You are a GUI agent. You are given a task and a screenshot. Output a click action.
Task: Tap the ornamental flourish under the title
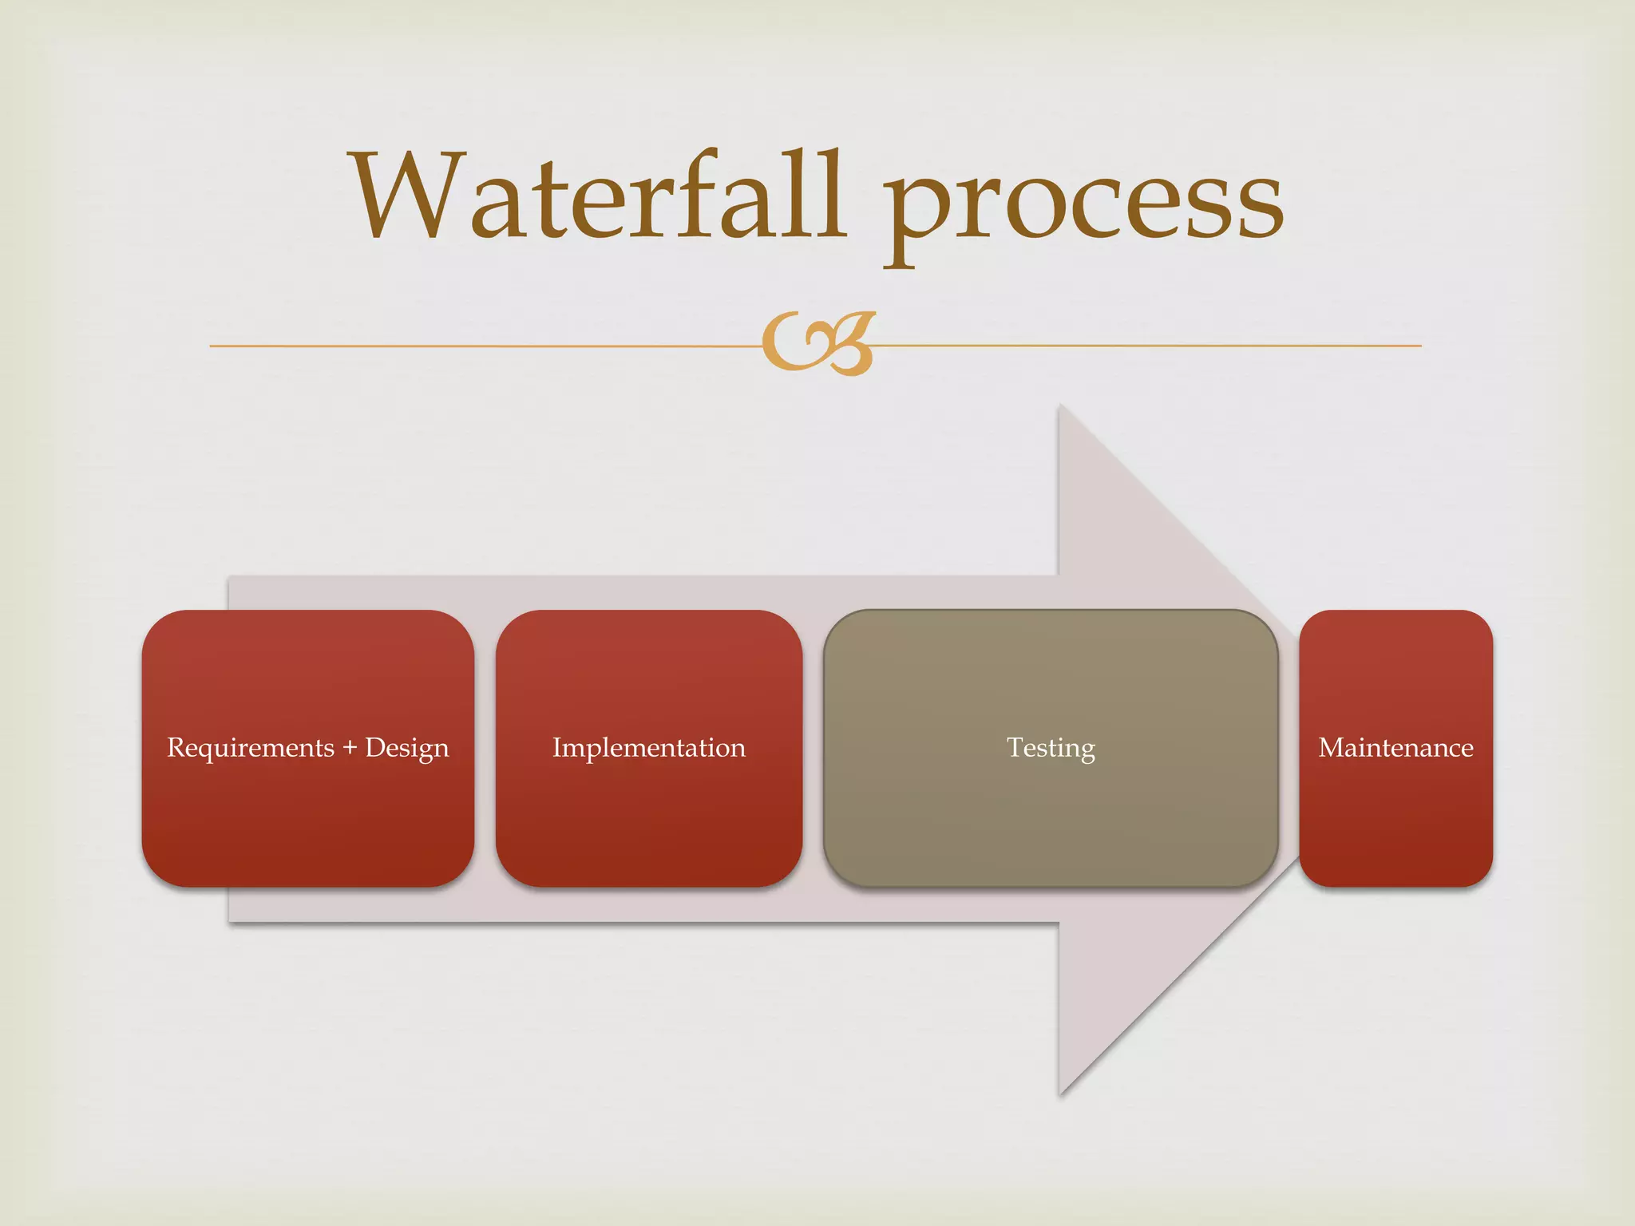[x=818, y=343]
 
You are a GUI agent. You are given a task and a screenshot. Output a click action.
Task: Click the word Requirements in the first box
[x=251, y=748]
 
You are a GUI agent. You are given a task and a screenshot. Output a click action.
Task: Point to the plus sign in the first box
[x=350, y=748]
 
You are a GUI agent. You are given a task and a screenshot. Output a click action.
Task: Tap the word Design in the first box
[x=407, y=748]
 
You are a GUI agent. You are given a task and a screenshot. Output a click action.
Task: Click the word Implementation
[x=649, y=748]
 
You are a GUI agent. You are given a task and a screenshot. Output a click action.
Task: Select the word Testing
[x=1051, y=748]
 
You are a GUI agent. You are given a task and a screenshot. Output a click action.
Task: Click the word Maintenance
[x=1395, y=748]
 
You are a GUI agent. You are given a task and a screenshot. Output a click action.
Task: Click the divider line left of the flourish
[x=479, y=346]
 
